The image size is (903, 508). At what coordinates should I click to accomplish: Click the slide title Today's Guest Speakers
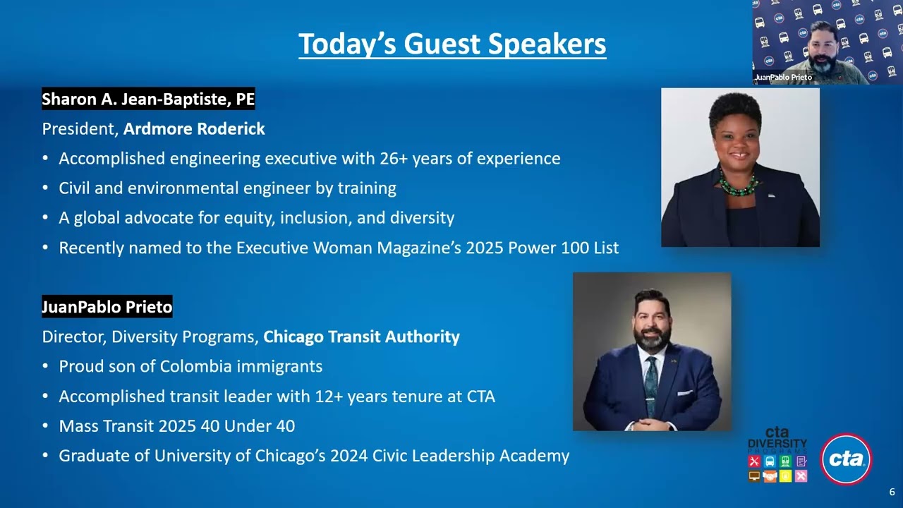pyautogui.click(x=452, y=44)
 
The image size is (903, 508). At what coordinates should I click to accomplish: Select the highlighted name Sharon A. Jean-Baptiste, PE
pyautogui.click(x=148, y=99)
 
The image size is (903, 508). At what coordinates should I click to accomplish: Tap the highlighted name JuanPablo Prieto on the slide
pyautogui.click(x=107, y=307)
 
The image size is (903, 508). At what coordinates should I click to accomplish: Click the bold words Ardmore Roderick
pyautogui.click(x=194, y=129)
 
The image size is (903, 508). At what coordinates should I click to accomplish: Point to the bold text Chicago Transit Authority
pyautogui.click(x=361, y=337)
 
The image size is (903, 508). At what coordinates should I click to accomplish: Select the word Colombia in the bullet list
pyautogui.click(x=195, y=366)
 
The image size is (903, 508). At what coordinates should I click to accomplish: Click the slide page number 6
pyautogui.click(x=892, y=492)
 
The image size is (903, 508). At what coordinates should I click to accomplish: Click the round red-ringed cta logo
pyautogui.click(x=847, y=459)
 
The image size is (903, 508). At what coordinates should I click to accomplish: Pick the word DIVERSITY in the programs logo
pyautogui.click(x=777, y=443)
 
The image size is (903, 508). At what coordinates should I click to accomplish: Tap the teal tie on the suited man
pyautogui.click(x=651, y=385)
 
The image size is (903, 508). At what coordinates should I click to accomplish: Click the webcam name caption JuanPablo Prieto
pyautogui.click(x=783, y=77)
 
